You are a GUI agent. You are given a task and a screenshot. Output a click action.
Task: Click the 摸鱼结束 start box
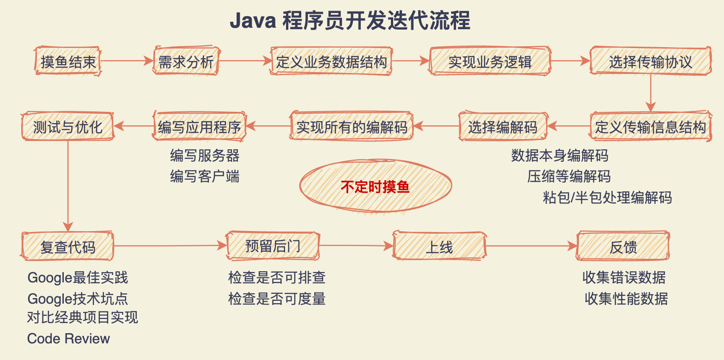tap(67, 61)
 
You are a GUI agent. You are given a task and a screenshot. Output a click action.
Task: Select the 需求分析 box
tap(186, 61)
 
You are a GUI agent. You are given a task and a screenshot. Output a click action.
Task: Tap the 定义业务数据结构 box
tap(331, 61)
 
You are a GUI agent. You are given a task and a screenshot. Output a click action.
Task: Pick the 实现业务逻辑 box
tap(490, 61)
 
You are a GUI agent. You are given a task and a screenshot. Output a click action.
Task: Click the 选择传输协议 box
tap(651, 61)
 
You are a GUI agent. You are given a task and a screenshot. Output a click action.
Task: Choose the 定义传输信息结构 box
tap(651, 126)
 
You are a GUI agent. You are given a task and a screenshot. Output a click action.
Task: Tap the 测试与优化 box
tap(67, 126)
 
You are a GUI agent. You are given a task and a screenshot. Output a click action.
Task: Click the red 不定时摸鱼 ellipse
tap(375, 186)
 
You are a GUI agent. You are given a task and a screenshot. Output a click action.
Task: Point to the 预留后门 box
tap(273, 245)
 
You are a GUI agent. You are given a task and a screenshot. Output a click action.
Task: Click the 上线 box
tap(439, 246)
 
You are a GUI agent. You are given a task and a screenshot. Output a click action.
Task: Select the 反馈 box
tap(623, 246)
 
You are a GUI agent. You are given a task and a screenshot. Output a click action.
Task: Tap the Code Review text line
tap(68, 338)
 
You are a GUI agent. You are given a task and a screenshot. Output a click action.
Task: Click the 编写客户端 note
tap(204, 176)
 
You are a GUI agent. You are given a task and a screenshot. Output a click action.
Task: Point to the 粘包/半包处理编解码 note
tap(607, 197)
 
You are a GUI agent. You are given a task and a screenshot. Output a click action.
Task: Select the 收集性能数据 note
tap(626, 298)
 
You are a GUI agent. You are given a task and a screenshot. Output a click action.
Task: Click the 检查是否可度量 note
tap(277, 298)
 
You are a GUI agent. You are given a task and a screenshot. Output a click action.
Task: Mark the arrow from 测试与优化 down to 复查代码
tap(68, 185)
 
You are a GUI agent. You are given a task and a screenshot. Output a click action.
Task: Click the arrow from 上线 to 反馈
tap(531, 246)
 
